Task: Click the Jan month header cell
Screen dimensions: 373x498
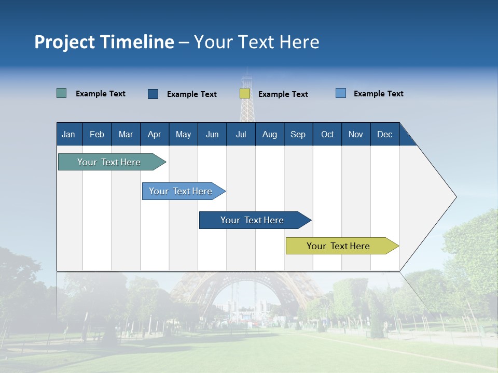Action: [69, 134]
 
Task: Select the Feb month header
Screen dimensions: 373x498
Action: [97, 134]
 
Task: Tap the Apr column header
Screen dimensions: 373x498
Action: [154, 134]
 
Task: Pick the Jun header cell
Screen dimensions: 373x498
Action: [212, 134]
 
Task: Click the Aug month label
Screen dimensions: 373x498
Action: [269, 134]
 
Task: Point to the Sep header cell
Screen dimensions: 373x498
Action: [298, 134]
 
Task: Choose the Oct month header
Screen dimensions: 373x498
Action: [327, 134]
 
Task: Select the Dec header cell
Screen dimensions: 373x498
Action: [384, 134]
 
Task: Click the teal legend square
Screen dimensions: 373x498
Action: [62, 93]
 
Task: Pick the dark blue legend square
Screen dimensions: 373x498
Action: [153, 94]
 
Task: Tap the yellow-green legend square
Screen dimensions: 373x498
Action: [245, 94]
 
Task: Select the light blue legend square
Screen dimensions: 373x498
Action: [341, 93]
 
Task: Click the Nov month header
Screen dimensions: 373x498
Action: [356, 134]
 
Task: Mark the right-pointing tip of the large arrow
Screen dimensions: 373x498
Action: [455, 197]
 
